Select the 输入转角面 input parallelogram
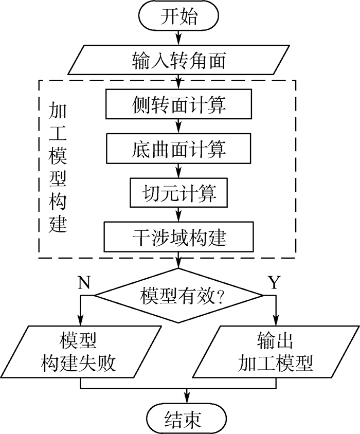(178, 60)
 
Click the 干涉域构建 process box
(178, 237)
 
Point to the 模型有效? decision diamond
(178, 296)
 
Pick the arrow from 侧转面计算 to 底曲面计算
(178, 126)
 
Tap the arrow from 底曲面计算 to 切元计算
(178, 171)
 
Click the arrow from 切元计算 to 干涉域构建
(178, 215)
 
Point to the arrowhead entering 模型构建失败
(81, 321)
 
